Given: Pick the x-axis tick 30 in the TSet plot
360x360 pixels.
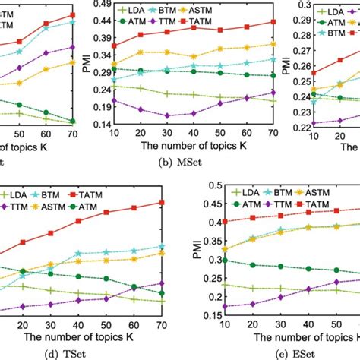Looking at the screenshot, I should click(x=48, y=322).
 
